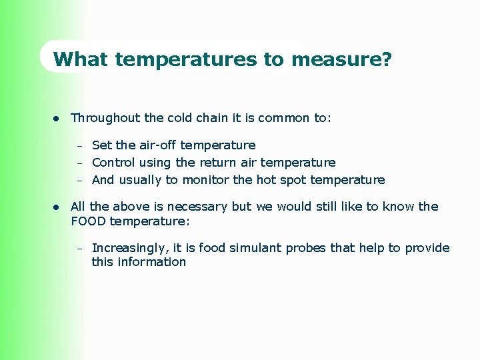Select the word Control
pyautogui.click(x=113, y=163)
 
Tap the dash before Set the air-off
pyautogui.click(x=79, y=146)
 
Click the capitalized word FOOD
pyautogui.click(x=89, y=221)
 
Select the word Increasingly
pyautogui.click(x=130, y=248)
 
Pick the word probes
pyautogui.click(x=309, y=248)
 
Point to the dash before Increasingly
pyautogui.click(x=79, y=249)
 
